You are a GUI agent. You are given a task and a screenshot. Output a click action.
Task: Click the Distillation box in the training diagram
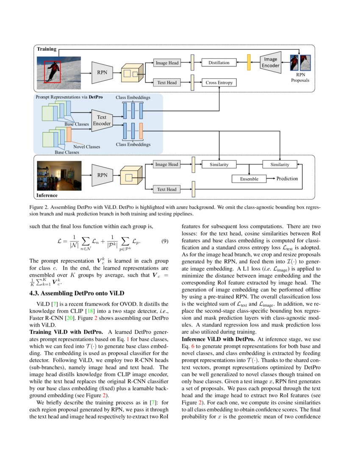(219, 63)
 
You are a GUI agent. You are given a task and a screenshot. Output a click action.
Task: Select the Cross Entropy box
(219, 83)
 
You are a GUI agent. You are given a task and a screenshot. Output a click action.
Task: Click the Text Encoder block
(102, 120)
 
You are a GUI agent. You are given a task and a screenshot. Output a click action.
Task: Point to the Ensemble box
(249, 179)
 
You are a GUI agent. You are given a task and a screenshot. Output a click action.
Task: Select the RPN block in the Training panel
(102, 72)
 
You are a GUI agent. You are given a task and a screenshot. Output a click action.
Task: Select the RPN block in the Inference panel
(102, 175)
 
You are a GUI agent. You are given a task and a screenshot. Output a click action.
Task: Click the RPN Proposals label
(300, 77)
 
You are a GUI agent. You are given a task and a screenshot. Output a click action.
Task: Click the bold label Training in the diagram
(46, 49)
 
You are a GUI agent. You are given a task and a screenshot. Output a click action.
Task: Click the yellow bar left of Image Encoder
(249, 63)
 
